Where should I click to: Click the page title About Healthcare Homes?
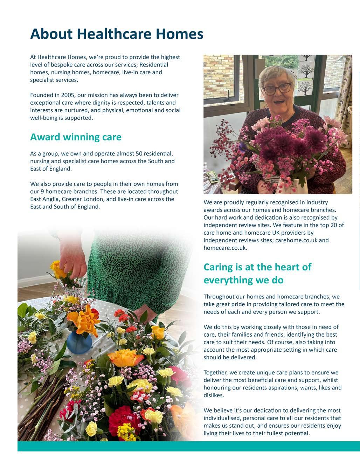coord(117,34)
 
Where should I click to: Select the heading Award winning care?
coord(76,137)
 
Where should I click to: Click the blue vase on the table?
coord(79,341)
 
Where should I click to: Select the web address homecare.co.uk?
coord(225,248)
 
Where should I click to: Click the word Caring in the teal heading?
coord(219,267)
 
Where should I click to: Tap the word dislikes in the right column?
coord(214,395)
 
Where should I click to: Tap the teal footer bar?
coord(189,446)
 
